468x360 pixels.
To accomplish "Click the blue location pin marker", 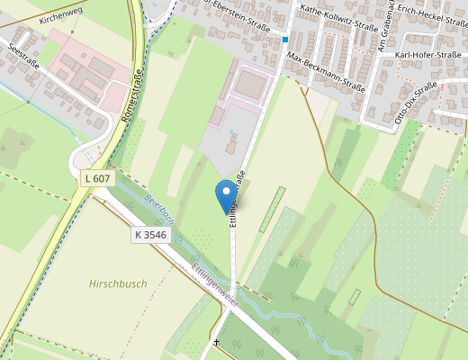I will [x=223, y=194].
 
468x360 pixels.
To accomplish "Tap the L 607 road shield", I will [x=96, y=178].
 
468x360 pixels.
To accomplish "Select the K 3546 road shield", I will [x=150, y=234].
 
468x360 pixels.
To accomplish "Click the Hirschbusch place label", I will [x=118, y=283].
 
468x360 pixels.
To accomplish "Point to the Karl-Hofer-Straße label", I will [x=428, y=56].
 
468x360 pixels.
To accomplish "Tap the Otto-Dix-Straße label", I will [x=416, y=102].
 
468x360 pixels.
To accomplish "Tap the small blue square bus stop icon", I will [x=285, y=40].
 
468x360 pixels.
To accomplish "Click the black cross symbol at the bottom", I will [x=216, y=343].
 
